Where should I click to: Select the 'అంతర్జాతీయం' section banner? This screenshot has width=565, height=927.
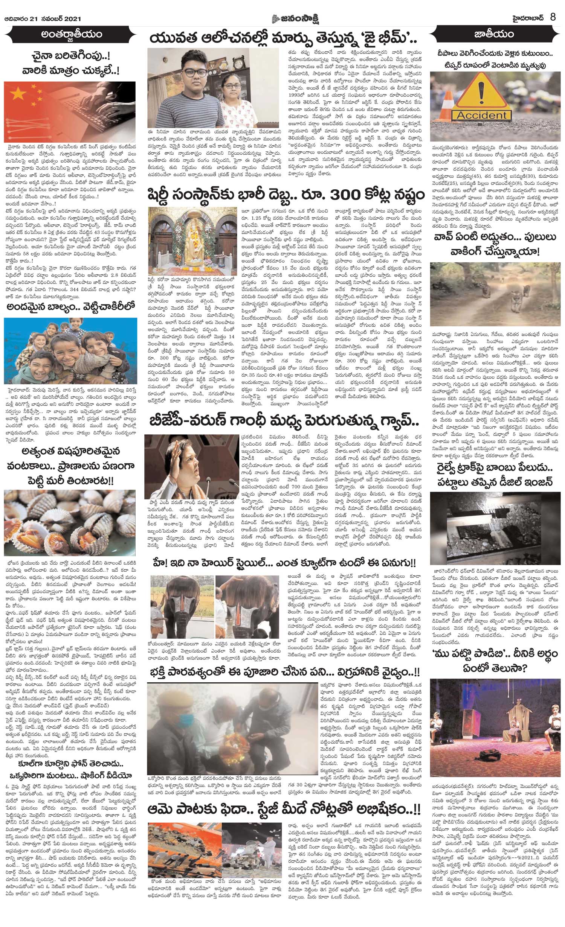point(71,35)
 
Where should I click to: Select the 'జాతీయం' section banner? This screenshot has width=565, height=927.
point(494,35)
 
